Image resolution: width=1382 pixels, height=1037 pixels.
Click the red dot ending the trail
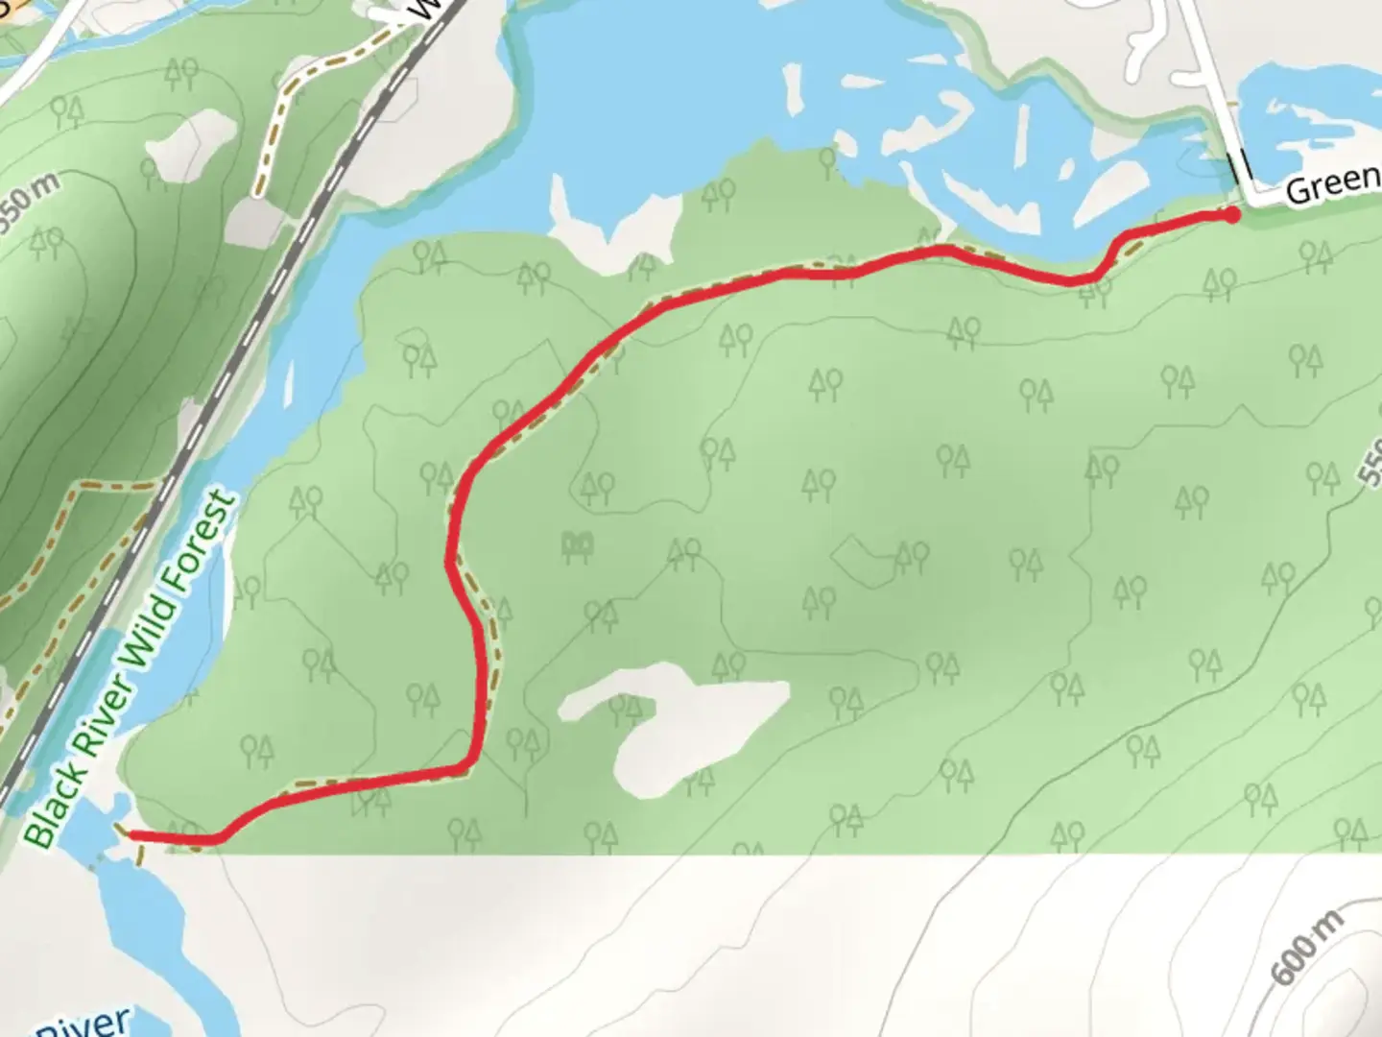[x=1231, y=215]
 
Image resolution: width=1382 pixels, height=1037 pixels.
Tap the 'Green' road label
[x=1332, y=184]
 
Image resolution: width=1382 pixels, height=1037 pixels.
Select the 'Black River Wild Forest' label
[x=131, y=668]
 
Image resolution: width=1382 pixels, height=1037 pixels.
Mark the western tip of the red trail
[x=131, y=836]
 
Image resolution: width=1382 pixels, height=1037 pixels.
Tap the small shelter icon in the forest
[x=577, y=547]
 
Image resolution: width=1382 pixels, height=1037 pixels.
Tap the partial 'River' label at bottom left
[x=82, y=1023]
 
